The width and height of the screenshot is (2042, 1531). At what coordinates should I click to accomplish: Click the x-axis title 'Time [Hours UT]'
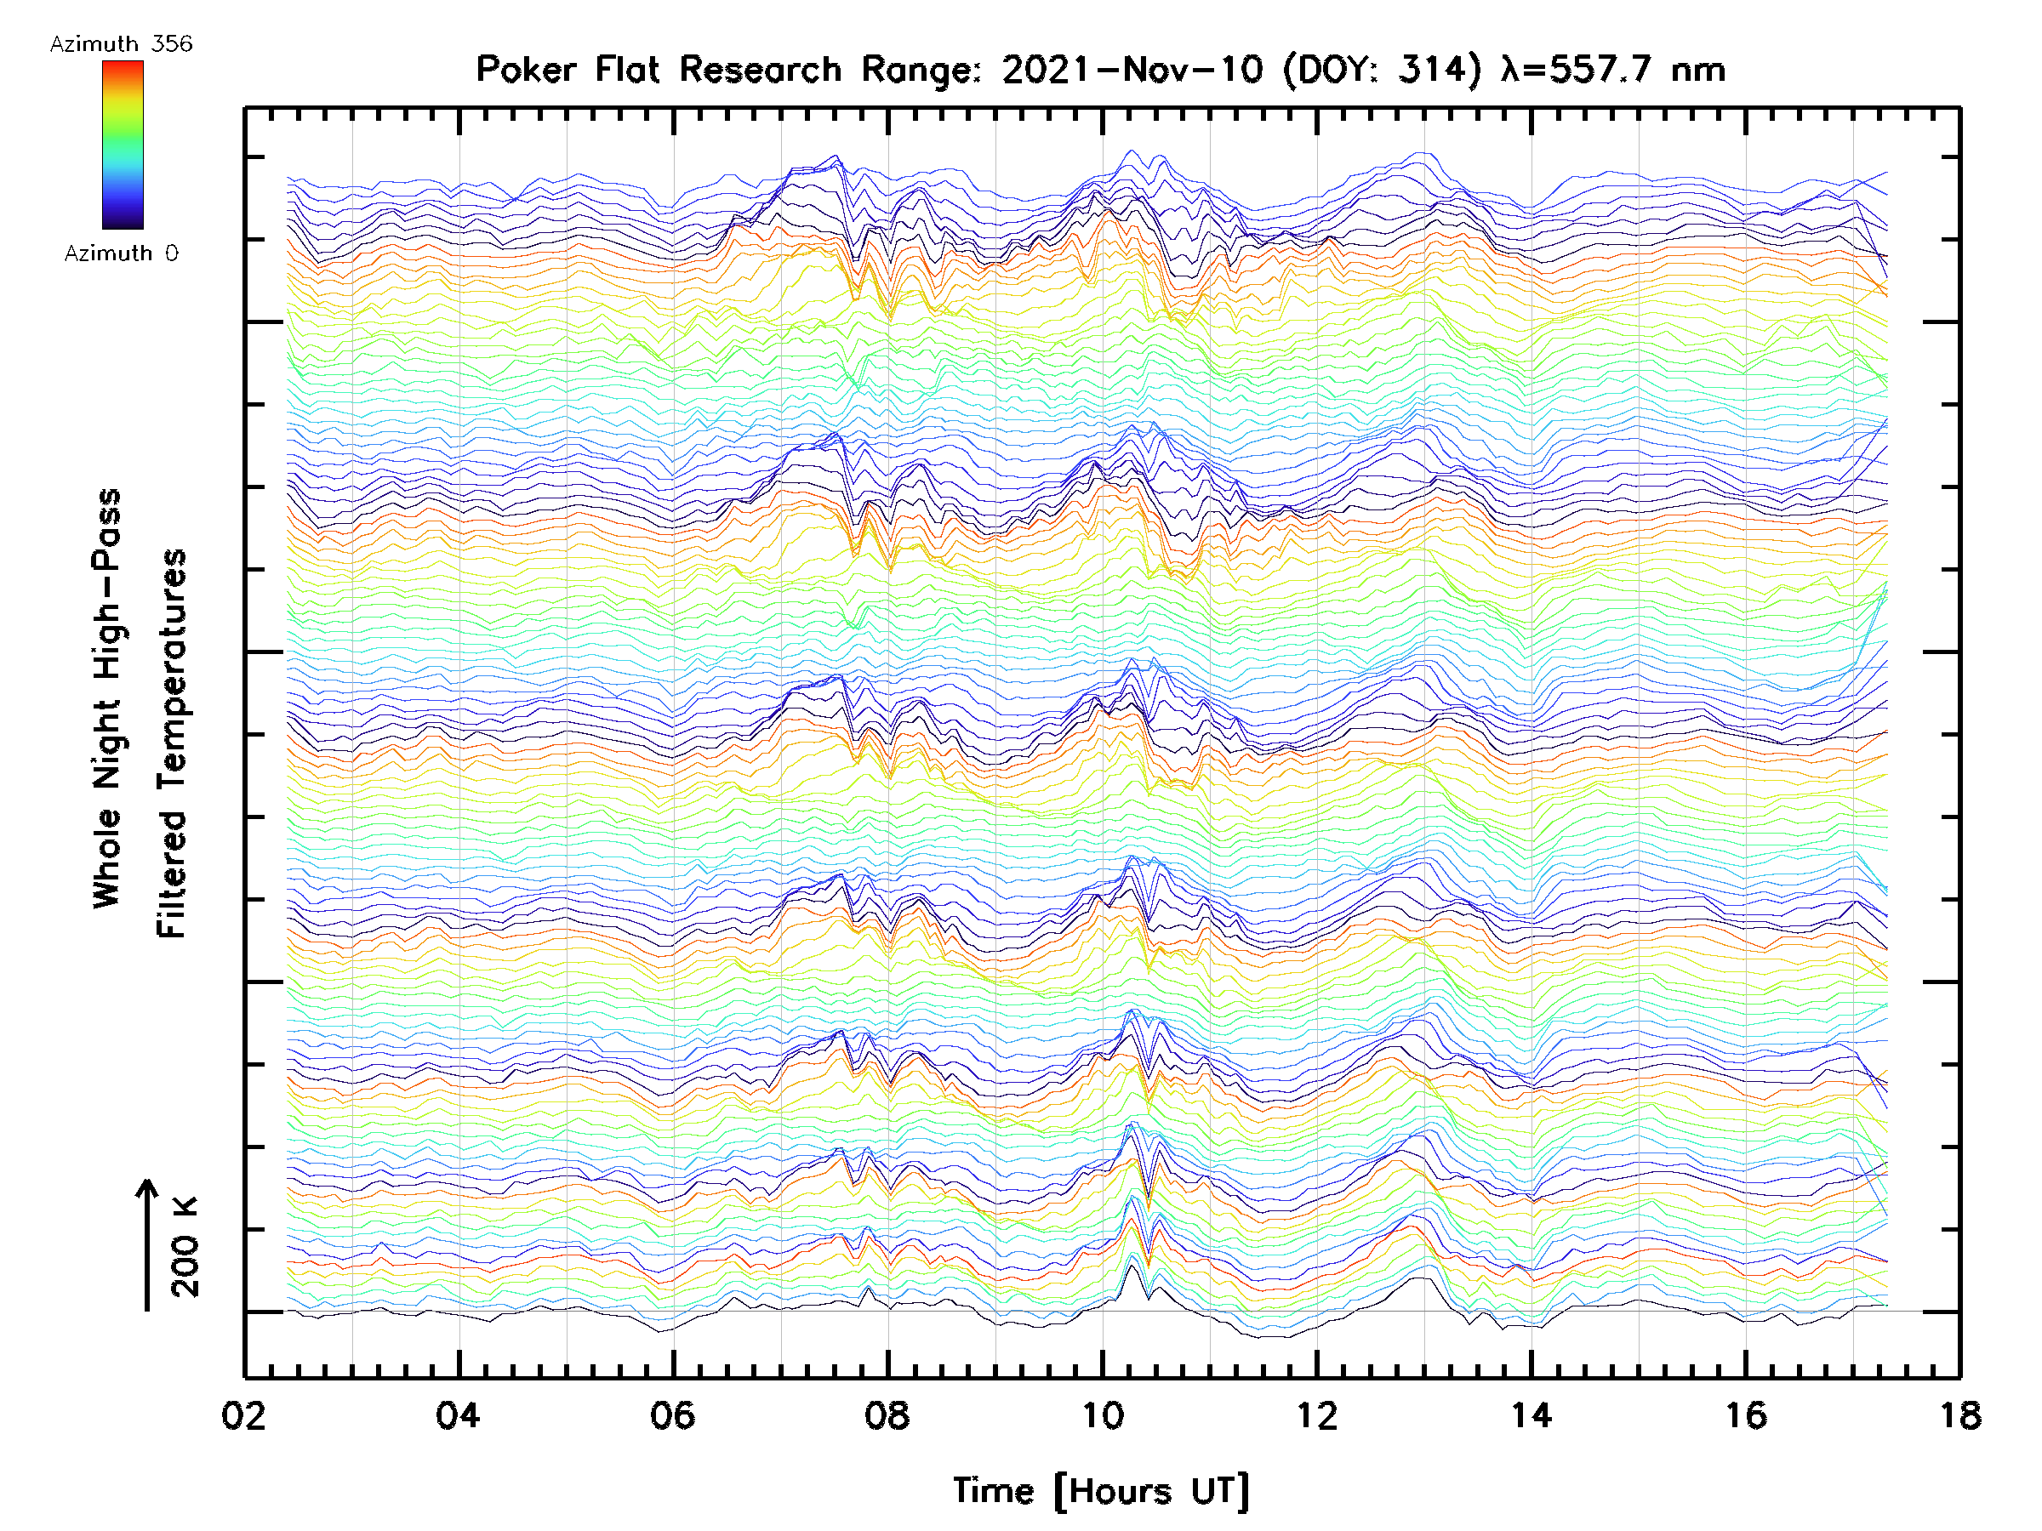(x=1101, y=1491)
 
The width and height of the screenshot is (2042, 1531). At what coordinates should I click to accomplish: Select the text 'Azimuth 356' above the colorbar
(x=121, y=44)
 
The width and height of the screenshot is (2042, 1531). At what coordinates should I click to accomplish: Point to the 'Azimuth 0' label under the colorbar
(x=121, y=253)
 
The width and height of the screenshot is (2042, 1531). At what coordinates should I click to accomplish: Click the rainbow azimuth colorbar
(x=123, y=145)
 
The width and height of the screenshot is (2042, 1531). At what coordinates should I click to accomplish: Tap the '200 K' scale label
(x=185, y=1247)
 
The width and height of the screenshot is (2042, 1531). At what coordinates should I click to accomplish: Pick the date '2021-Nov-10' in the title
(x=1132, y=70)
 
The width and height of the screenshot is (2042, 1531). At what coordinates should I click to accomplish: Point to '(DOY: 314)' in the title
(x=1382, y=70)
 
